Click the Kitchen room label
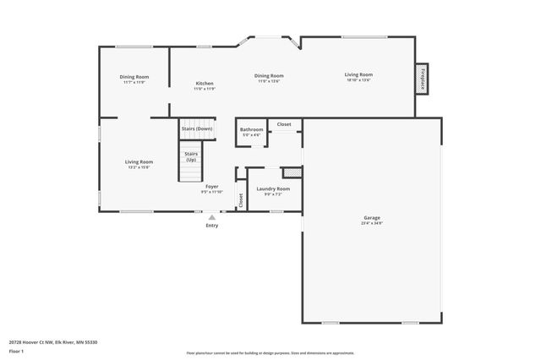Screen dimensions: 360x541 click(x=205, y=84)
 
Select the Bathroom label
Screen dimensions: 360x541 click(x=251, y=129)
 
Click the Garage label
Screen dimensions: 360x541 click(x=371, y=218)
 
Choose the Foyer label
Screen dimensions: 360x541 click(x=212, y=186)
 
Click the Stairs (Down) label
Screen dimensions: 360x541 click(x=196, y=128)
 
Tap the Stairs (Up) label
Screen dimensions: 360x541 click(x=191, y=156)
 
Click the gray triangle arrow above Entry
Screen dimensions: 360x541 click(x=212, y=216)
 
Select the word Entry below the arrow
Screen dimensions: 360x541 click(x=212, y=226)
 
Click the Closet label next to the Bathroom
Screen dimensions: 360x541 click(x=284, y=124)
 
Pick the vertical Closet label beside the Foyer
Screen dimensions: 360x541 click(x=240, y=200)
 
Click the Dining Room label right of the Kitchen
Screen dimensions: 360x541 click(x=269, y=76)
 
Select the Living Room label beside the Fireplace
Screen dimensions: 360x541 click(x=358, y=74)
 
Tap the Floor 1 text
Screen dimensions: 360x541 click(x=16, y=351)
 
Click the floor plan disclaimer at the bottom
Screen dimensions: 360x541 click(x=270, y=352)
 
